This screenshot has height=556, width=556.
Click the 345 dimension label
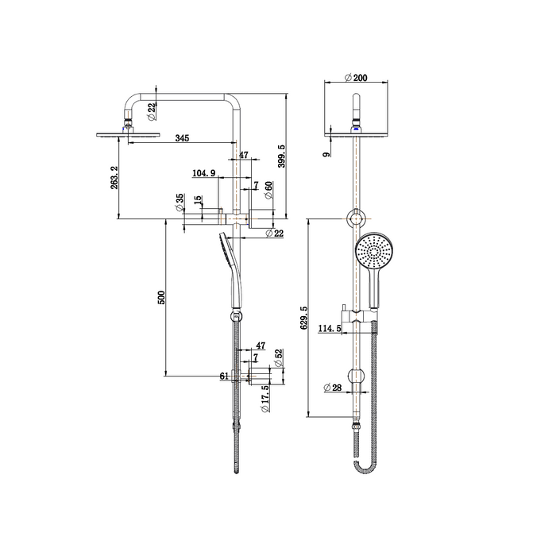click(x=181, y=139)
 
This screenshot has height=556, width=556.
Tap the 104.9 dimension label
click(x=204, y=172)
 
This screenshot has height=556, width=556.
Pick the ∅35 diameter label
click(x=180, y=201)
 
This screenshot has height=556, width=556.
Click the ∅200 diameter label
click(x=355, y=78)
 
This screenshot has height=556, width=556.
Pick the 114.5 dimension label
click(x=329, y=327)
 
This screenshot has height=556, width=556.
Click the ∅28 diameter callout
click(x=333, y=388)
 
